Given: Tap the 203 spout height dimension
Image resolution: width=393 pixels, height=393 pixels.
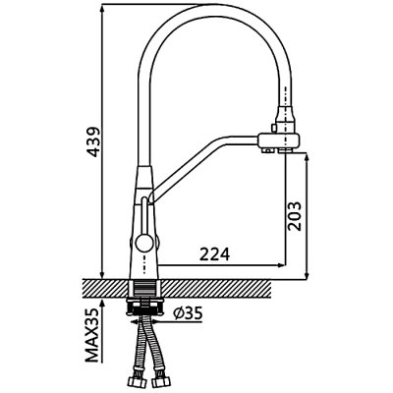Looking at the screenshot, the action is click(294, 216).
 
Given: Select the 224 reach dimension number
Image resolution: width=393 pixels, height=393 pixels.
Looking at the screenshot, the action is click(215, 253).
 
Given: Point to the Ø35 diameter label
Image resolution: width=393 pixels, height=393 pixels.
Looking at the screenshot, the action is click(188, 313).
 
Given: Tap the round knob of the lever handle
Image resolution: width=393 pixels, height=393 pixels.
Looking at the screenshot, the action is click(142, 243).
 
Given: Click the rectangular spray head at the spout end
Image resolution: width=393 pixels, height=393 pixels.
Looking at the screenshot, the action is click(279, 140).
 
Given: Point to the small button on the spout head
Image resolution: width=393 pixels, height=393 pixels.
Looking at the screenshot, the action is click(272, 127).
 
